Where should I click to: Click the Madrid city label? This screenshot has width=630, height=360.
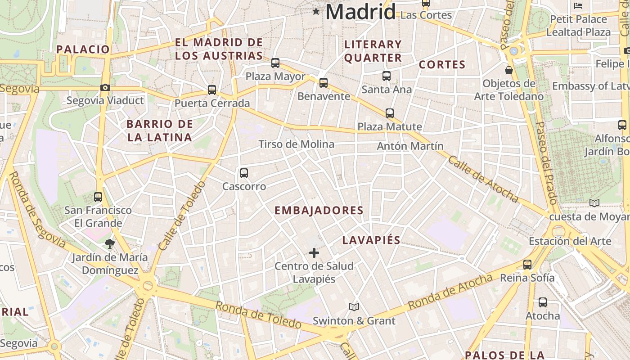360,12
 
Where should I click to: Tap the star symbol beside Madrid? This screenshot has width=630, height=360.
316,12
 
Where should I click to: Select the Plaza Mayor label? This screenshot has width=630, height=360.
275,76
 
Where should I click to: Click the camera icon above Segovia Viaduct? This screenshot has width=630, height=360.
105,87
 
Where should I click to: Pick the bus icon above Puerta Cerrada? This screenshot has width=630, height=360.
212,90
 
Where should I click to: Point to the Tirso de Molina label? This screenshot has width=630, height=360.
296,144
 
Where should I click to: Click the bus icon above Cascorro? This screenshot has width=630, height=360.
244,173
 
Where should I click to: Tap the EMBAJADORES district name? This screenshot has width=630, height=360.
319,211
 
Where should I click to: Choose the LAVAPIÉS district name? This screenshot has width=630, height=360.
371,240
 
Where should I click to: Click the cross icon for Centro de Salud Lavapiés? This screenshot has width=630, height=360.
314,253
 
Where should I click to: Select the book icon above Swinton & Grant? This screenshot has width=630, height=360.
354,307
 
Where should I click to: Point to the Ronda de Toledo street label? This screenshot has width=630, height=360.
258,314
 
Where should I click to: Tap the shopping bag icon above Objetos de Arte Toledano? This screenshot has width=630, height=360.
509,70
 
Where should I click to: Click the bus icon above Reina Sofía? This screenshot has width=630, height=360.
527,265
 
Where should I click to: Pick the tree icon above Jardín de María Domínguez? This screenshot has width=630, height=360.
109,244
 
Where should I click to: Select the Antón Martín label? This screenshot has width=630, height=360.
410,146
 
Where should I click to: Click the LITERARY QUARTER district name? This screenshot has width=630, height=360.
373,51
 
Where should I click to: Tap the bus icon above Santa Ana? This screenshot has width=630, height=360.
387,76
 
